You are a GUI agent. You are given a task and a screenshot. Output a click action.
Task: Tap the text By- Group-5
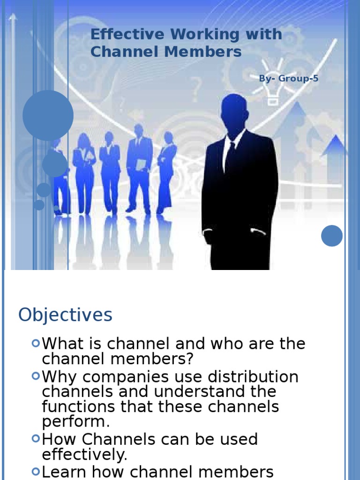(x=288, y=78)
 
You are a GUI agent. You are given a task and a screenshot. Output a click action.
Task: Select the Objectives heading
(x=65, y=315)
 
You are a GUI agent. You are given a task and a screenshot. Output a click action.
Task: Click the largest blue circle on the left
(x=48, y=115)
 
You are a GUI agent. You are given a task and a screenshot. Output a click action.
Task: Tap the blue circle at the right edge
(x=332, y=236)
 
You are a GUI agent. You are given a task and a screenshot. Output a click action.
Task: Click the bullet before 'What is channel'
(x=36, y=343)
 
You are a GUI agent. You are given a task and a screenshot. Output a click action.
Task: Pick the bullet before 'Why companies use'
(x=36, y=376)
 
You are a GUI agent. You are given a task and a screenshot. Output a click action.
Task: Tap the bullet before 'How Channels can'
(x=36, y=439)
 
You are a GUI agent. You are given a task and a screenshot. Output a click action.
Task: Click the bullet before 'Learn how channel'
(x=36, y=471)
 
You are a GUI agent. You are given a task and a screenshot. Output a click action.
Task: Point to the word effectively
(x=84, y=455)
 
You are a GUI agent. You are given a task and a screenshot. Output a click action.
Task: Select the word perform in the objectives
(x=75, y=422)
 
